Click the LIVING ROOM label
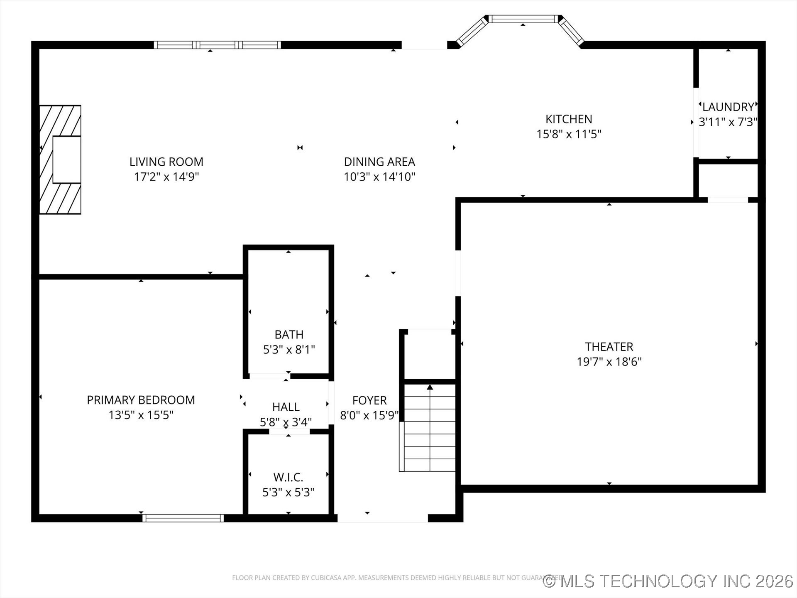click(x=166, y=162)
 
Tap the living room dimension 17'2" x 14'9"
click(x=166, y=177)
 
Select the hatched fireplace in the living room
click(x=60, y=160)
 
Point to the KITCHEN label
click(x=568, y=119)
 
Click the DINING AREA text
click(x=379, y=162)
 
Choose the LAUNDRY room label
click(x=728, y=107)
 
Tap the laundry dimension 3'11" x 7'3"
click(x=728, y=122)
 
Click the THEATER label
click(x=609, y=347)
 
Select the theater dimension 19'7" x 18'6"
click(x=609, y=362)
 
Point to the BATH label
click(x=289, y=335)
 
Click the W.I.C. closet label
click(x=288, y=477)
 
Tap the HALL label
click(x=286, y=407)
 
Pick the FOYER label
click(x=369, y=400)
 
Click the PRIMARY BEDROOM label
click(x=141, y=400)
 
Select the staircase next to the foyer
click(x=429, y=428)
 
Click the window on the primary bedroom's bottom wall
click(x=183, y=518)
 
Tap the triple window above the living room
click(x=218, y=45)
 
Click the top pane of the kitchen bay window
click(x=523, y=19)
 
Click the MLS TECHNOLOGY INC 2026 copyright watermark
click(x=668, y=581)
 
